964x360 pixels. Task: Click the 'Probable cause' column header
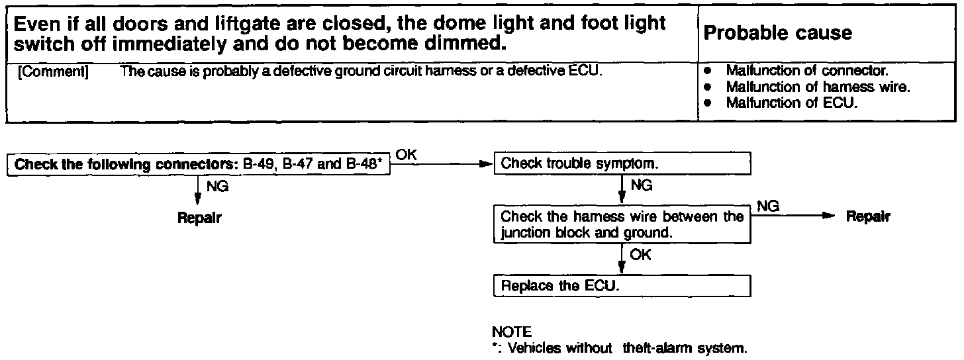point(778,33)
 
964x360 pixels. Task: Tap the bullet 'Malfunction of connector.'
point(806,71)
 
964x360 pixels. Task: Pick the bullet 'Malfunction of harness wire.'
point(816,87)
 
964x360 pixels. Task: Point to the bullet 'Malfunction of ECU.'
point(791,103)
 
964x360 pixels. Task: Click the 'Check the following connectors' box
point(199,165)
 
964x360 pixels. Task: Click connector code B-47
point(299,165)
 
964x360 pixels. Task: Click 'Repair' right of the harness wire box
point(868,217)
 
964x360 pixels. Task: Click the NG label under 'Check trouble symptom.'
point(640,187)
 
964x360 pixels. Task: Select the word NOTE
point(512,331)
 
